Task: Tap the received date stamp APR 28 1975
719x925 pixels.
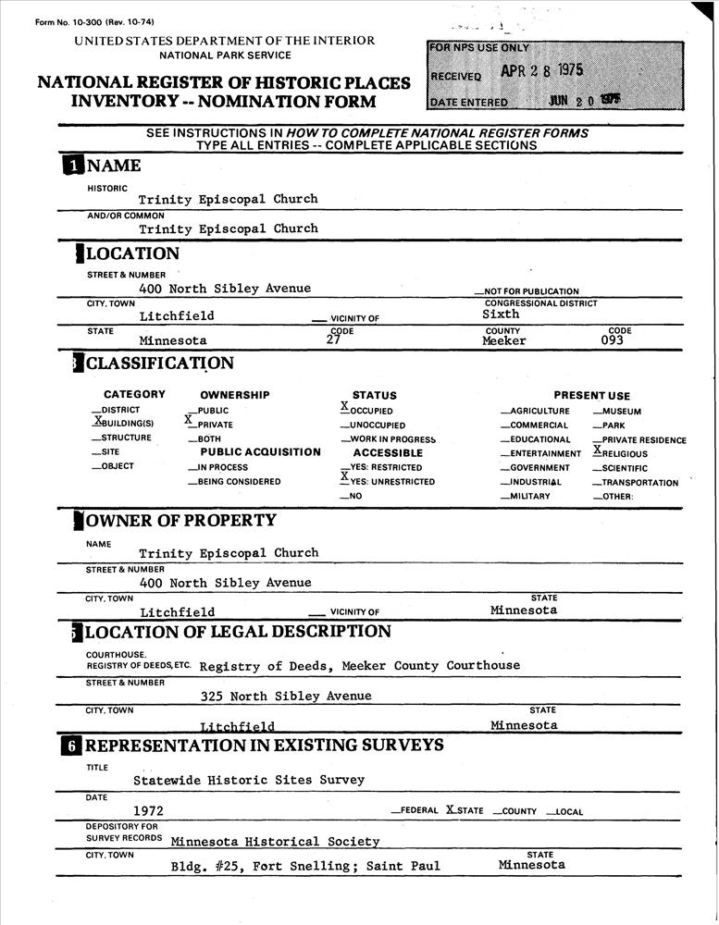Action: click(542, 72)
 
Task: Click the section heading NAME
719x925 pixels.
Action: click(113, 166)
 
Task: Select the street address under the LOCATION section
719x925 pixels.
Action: click(225, 289)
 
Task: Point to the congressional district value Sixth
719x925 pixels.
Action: click(501, 314)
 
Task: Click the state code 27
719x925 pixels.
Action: click(334, 340)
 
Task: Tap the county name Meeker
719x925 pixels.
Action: click(503, 341)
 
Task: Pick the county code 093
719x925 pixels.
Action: click(612, 340)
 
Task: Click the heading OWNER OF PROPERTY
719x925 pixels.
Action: click(180, 521)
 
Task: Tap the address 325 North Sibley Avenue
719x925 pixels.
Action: click(286, 697)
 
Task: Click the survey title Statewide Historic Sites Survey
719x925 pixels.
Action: click(249, 780)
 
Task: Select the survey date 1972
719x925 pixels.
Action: click(148, 811)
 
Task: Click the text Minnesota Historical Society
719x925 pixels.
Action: click(275, 842)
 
